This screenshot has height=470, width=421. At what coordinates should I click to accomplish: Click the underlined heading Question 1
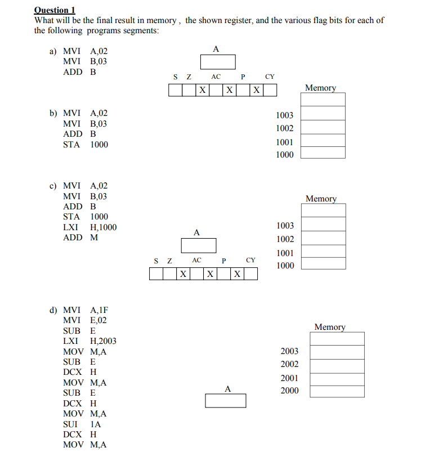[x=55, y=10]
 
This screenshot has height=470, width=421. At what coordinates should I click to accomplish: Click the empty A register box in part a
[x=217, y=61]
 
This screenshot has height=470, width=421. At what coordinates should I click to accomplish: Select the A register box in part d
[x=225, y=400]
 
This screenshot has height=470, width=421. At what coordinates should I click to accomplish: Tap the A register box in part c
[x=198, y=245]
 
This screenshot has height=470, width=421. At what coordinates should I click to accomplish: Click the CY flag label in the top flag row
[x=270, y=76]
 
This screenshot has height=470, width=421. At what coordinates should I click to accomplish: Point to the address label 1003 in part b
[x=285, y=115]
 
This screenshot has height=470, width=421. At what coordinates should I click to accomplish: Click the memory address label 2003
[x=289, y=351]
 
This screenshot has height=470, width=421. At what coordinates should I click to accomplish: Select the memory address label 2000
[x=289, y=391]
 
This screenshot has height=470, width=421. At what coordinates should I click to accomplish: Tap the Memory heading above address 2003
[x=330, y=326]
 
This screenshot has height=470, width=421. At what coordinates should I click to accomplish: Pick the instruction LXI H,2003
[x=89, y=341]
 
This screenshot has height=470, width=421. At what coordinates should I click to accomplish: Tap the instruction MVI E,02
[x=85, y=320]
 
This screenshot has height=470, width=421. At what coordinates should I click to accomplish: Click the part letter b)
[x=53, y=113]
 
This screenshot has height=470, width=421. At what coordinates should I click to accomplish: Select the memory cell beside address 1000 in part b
[x=323, y=153]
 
